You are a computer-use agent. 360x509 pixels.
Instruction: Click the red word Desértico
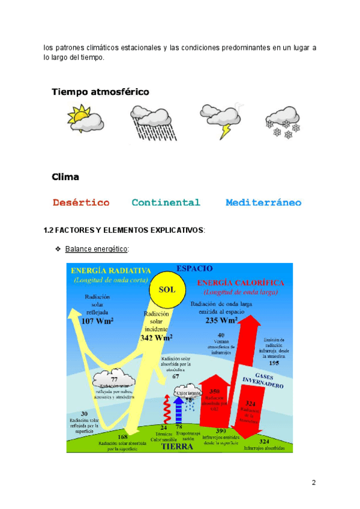(x=81, y=203)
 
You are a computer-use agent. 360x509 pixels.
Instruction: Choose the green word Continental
(x=166, y=203)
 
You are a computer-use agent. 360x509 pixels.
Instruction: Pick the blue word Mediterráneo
(x=263, y=203)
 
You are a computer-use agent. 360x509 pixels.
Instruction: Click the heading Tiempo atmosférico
(x=100, y=92)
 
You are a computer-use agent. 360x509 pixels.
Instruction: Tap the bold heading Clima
(x=65, y=177)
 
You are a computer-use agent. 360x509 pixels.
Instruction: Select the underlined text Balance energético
(x=97, y=248)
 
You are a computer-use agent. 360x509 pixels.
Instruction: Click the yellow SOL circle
(x=167, y=289)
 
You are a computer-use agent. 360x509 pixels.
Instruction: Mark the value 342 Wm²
(x=157, y=337)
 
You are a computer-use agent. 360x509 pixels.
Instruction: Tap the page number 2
(x=313, y=483)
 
